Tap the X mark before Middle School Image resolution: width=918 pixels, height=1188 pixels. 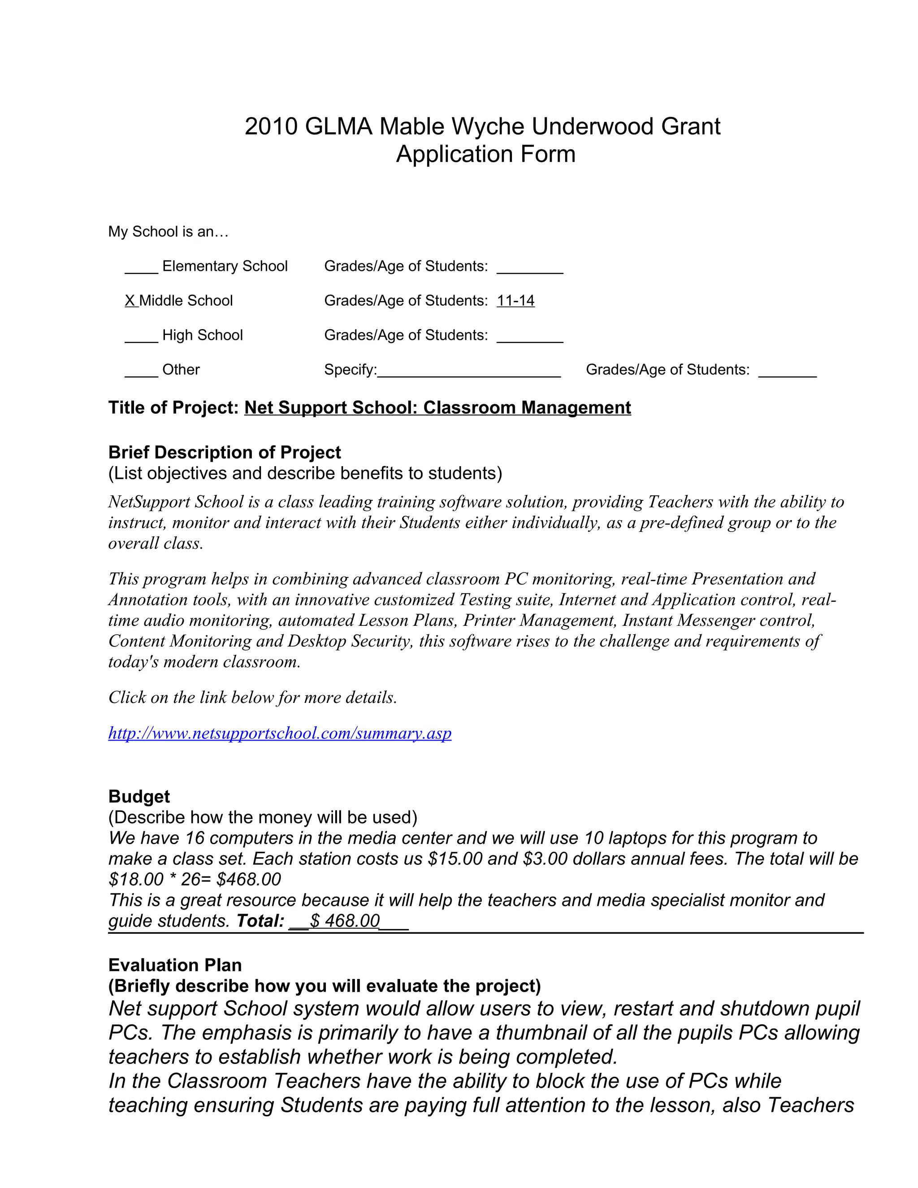[130, 300]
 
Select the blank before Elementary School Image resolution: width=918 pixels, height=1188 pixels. [141, 268]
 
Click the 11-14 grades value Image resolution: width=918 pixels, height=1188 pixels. [515, 300]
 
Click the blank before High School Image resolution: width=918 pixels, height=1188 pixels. [141, 337]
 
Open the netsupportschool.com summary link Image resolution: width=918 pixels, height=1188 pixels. [280, 733]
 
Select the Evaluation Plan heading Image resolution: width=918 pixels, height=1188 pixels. [174, 965]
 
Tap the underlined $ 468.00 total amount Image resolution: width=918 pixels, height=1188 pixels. [345, 920]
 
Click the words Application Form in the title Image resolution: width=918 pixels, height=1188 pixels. [485, 154]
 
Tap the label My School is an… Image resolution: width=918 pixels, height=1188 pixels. [168, 232]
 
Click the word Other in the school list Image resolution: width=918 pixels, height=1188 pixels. [181, 369]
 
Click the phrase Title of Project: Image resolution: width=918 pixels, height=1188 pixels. [173, 408]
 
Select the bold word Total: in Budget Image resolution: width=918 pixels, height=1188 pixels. [260, 920]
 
